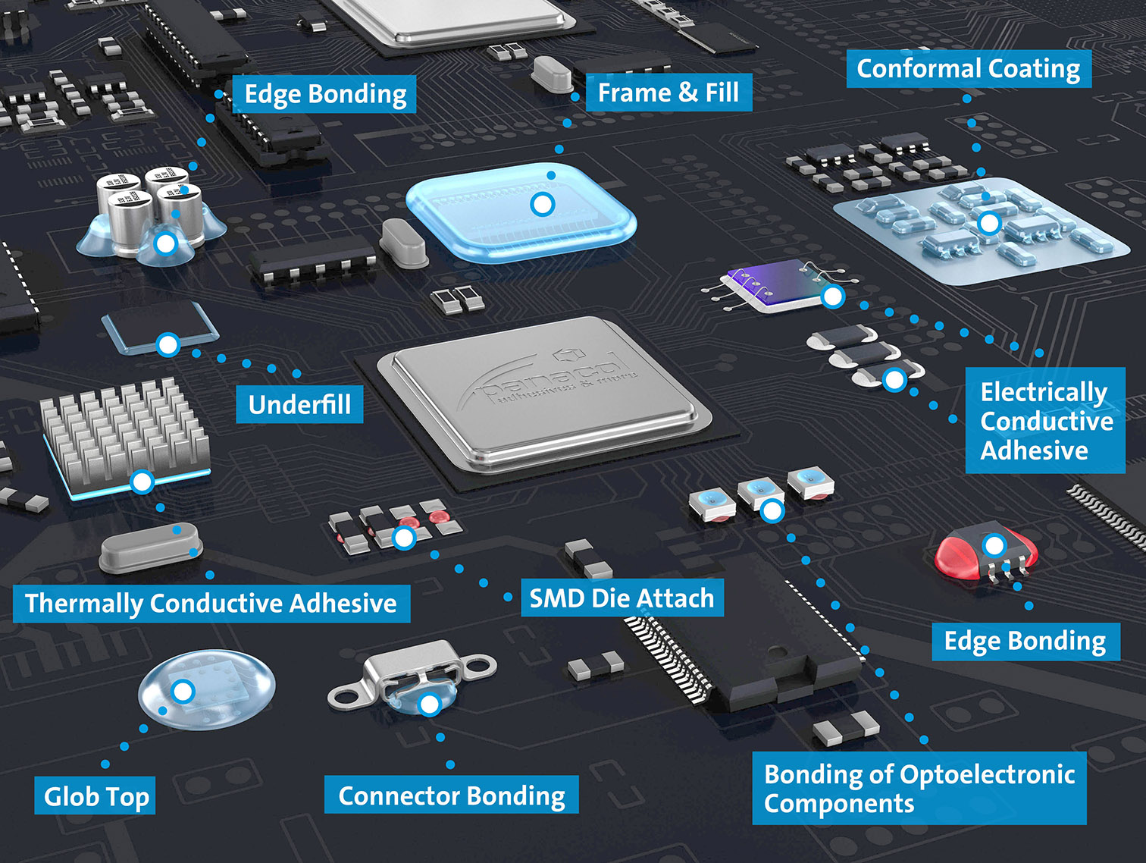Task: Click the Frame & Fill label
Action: (x=668, y=93)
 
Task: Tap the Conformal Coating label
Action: (x=968, y=69)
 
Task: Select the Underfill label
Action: (x=299, y=404)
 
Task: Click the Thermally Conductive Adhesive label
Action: (x=211, y=603)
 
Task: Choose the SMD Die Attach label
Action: (x=622, y=598)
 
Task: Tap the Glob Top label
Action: (x=95, y=796)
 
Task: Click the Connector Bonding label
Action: (x=451, y=795)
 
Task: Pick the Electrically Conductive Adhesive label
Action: (x=1045, y=421)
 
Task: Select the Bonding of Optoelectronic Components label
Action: (x=919, y=788)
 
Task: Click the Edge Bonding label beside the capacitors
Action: (x=324, y=94)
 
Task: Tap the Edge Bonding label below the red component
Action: (x=1025, y=641)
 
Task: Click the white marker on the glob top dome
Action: (x=183, y=691)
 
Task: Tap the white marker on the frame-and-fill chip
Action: (x=543, y=204)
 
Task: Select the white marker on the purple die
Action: (x=833, y=297)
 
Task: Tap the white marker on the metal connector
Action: (x=429, y=705)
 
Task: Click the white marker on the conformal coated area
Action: (x=988, y=223)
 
